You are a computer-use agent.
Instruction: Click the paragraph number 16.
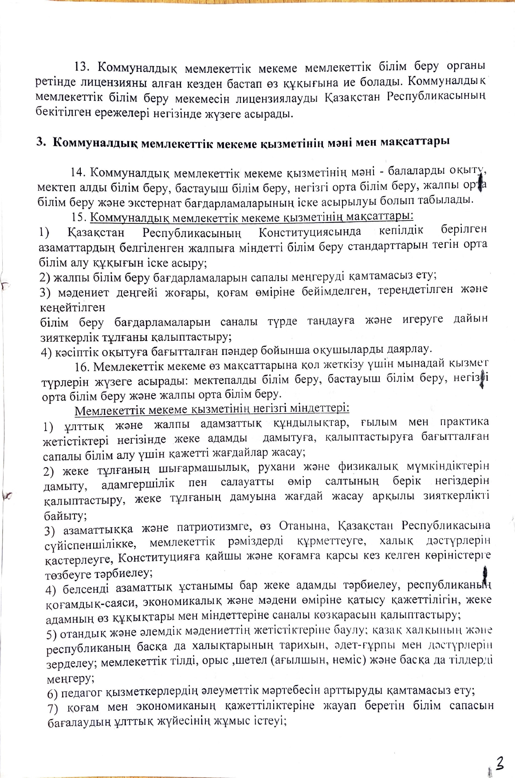(83, 367)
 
